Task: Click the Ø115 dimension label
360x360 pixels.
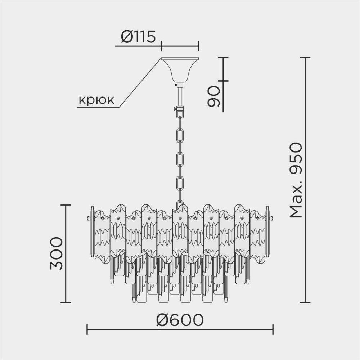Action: (138, 37)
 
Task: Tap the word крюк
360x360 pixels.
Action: (96, 100)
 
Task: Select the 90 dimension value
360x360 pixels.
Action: (213, 96)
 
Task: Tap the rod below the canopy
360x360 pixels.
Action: (180, 95)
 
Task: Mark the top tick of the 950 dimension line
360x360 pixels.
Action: (305, 58)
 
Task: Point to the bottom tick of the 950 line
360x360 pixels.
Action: (305, 302)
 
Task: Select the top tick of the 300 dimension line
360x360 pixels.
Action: (66, 205)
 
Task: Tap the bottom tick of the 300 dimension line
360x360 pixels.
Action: (66, 302)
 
